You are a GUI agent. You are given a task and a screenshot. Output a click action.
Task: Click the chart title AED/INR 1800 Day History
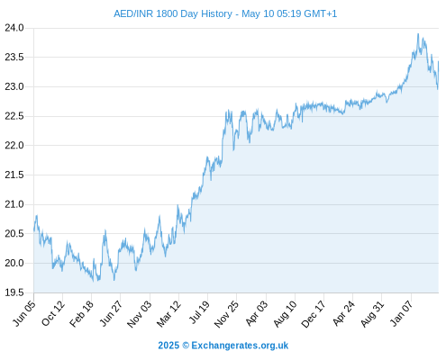point(173,13)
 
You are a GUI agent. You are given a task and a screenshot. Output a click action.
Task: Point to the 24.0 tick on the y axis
point(14,28)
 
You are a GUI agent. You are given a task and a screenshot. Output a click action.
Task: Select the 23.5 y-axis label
point(14,57)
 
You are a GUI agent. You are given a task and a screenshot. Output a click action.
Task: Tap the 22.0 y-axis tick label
point(14,146)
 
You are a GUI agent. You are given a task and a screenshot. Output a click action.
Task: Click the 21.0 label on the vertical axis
point(14,204)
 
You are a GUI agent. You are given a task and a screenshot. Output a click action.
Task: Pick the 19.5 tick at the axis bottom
point(14,292)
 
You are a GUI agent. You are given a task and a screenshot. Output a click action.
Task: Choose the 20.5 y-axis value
point(14,233)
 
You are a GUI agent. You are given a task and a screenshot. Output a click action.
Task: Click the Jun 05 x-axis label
point(24,313)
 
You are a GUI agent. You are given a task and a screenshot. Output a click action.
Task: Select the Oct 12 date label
point(53,313)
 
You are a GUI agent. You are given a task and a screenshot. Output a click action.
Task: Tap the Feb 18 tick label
point(82,313)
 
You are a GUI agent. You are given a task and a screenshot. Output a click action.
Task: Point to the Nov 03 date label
point(140,314)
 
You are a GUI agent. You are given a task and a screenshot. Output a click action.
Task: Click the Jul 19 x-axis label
point(198,312)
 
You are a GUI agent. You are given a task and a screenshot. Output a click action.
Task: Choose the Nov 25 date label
point(226,314)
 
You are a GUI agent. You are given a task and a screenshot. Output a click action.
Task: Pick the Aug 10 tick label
point(285,314)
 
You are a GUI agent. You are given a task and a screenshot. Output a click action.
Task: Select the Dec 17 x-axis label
point(314,314)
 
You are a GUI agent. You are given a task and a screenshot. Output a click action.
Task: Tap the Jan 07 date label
point(401,313)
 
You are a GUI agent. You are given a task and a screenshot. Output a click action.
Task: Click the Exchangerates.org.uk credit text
point(240,346)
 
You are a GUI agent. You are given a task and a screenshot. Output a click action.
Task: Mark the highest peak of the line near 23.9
point(418,34)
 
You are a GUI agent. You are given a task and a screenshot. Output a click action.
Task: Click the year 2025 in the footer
point(168,346)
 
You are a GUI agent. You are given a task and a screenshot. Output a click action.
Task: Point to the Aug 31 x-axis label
point(372,314)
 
